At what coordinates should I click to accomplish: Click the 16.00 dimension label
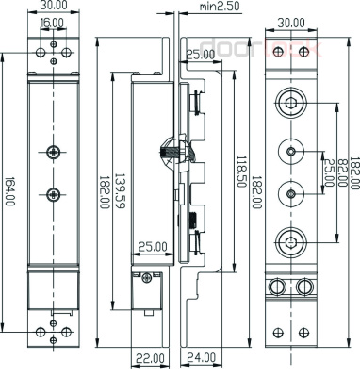[53, 22]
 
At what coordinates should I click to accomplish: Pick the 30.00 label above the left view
[54, 7]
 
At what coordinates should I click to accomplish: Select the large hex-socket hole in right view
[291, 237]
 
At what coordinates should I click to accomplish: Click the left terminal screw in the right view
[279, 286]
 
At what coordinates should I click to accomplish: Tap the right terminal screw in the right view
[303, 286]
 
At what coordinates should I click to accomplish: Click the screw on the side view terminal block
[146, 276]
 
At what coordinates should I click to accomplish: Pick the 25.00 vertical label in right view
[329, 172]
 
